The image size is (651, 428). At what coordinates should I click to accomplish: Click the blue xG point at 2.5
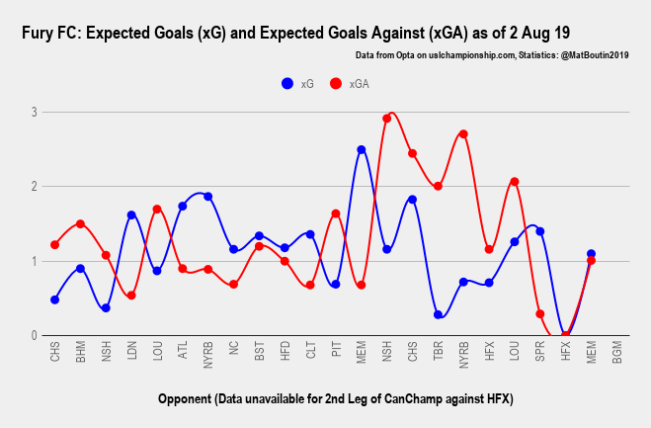point(362,149)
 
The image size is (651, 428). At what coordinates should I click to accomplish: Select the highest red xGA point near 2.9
point(387,119)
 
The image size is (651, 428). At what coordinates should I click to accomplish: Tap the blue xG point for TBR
point(438,314)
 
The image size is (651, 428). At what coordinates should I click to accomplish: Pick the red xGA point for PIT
point(336,214)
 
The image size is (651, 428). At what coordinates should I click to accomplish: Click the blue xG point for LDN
point(131,214)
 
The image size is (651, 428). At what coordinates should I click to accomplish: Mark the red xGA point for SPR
point(540,314)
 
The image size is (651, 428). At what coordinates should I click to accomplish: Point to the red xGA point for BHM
point(80,223)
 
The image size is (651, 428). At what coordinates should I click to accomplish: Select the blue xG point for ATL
point(183,206)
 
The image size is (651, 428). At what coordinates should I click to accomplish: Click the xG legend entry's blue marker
point(287,84)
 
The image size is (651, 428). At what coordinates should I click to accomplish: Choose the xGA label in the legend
point(360,84)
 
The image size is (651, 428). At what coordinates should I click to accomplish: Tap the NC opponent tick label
point(234,351)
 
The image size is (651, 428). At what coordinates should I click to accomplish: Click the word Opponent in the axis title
point(189,398)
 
